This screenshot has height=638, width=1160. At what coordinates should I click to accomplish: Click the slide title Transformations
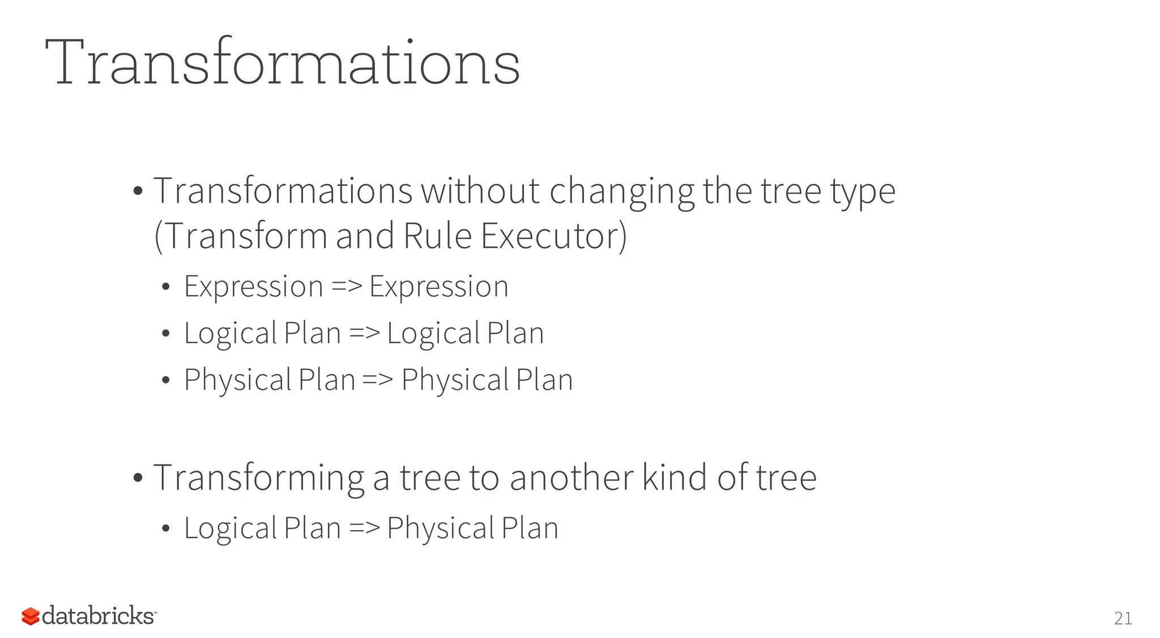point(282,62)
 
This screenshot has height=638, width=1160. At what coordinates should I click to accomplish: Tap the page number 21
point(1123,618)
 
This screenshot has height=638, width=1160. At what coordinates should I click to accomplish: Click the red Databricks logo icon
point(31,616)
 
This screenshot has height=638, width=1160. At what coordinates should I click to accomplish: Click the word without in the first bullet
point(480,191)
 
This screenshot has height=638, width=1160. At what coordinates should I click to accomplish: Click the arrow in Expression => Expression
point(346,287)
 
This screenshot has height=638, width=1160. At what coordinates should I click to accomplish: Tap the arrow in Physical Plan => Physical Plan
point(377,380)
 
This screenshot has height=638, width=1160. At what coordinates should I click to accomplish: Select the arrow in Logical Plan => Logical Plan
point(364,333)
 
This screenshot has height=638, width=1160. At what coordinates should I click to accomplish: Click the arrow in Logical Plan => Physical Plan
point(364,529)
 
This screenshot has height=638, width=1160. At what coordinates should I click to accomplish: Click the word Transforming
point(259,478)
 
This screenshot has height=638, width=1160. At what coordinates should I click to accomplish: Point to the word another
point(571,478)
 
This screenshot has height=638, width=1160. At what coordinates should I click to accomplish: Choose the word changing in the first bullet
point(621,191)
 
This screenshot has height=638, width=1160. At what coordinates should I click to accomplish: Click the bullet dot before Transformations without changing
point(138,192)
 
